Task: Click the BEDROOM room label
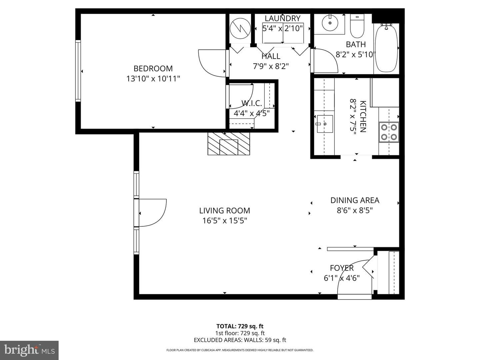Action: [x=153, y=68]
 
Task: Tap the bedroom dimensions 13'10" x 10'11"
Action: [x=153, y=78]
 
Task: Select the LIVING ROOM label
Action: [x=225, y=210]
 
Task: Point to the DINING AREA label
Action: [x=355, y=200]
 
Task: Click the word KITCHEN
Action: [x=363, y=117]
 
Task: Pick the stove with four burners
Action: [x=389, y=132]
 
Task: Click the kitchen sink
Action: [x=325, y=124]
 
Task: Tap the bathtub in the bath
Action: [x=386, y=48]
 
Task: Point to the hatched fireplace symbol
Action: [x=229, y=144]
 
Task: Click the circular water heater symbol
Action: [x=240, y=28]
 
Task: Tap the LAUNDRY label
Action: [x=283, y=18]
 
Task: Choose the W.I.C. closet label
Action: [x=251, y=103]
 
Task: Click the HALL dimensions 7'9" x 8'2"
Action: [x=271, y=66]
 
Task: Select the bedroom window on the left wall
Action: [x=78, y=71]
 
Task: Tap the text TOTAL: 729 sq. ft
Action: [x=240, y=326]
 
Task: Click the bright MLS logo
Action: [x=29, y=350]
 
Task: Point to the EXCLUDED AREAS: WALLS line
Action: [x=240, y=340]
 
